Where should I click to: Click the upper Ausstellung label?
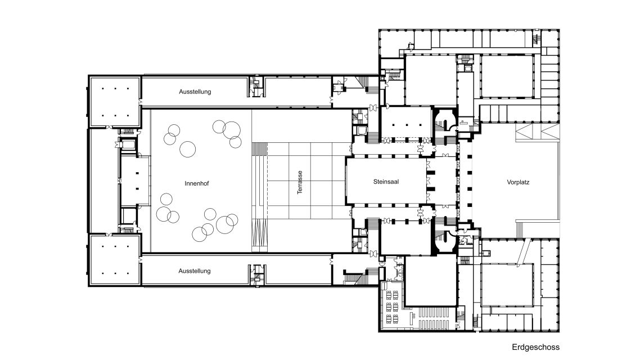195,92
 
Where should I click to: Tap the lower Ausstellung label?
195,271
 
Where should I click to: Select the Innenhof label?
197,184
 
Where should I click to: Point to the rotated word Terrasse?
300,182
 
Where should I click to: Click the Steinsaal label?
386,182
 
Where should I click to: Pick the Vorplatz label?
518,182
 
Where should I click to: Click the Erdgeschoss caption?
535,348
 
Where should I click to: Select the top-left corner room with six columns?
115,101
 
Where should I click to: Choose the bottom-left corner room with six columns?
115,260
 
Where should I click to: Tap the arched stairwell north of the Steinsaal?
445,121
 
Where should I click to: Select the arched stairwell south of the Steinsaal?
445,241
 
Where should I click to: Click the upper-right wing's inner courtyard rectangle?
507,76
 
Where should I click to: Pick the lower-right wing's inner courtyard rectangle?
507,285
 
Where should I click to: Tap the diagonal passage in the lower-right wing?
523,251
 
